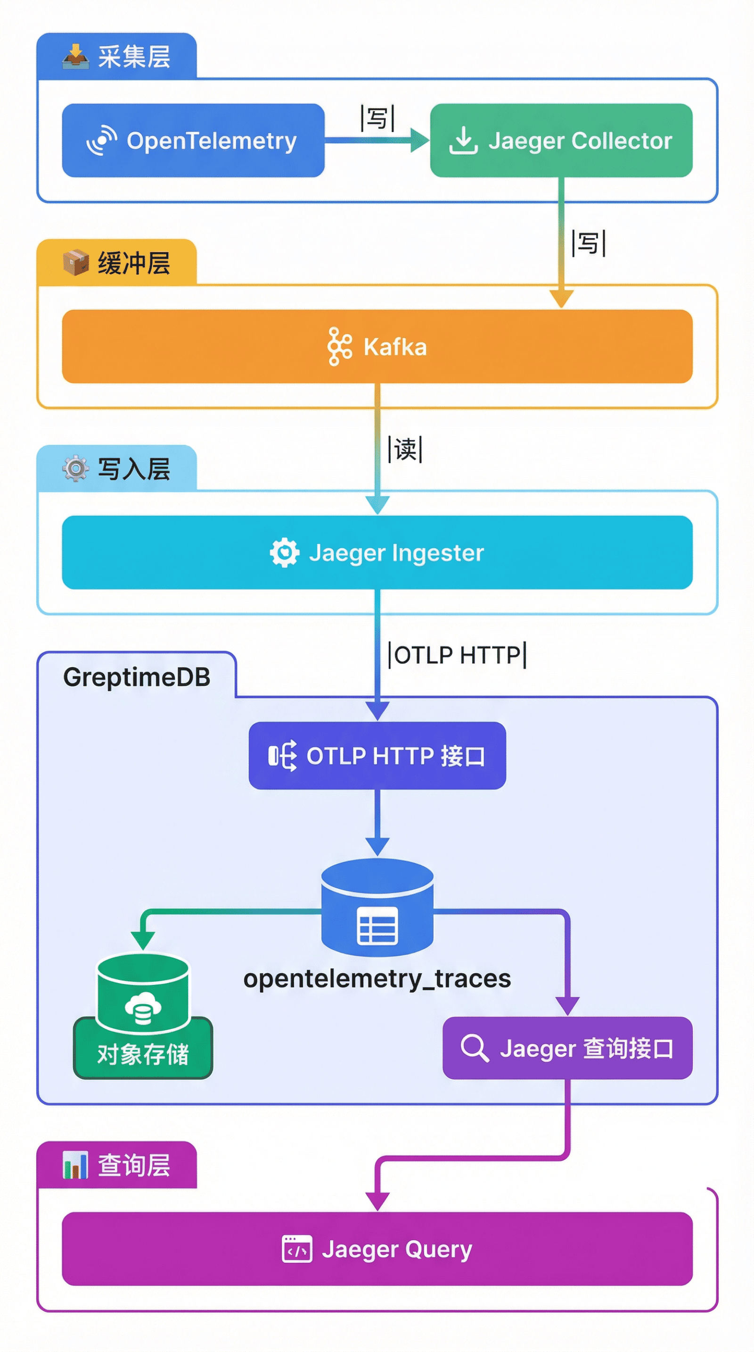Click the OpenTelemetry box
point(193,140)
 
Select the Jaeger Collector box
point(561,140)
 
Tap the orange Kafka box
point(377,346)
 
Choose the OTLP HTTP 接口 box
point(377,755)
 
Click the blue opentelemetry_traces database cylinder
point(377,908)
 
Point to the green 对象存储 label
point(143,1054)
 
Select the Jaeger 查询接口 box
point(567,1048)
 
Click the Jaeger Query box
point(377,1249)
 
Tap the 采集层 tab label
point(133,57)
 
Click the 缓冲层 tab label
point(133,263)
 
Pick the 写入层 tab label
point(133,469)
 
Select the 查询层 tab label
point(133,1165)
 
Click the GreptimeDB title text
point(136,677)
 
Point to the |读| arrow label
point(405,449)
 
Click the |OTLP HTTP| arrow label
point(457,655)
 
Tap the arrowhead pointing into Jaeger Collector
point(419,140)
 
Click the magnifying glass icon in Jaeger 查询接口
point(475,1048)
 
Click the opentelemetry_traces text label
point(377,978)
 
